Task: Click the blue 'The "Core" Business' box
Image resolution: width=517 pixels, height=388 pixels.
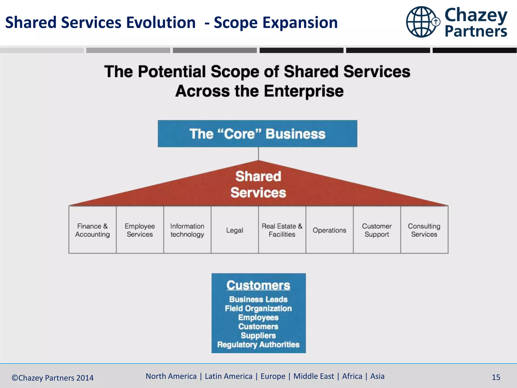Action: pos(257,134)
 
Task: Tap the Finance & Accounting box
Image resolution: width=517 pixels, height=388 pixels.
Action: pos(92,230)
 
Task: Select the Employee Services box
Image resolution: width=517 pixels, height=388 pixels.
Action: pos(140,230)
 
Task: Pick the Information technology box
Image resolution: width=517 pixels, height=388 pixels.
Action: pos(187,230)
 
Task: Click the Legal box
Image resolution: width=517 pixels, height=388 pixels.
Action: pos(235,230)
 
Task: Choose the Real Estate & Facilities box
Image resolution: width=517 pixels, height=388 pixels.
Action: pos(282,230)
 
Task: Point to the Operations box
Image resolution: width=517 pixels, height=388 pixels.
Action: pos(329,230)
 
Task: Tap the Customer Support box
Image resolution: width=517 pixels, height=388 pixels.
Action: pos(377,230)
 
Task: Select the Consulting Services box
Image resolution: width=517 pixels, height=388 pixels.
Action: pos(424,230)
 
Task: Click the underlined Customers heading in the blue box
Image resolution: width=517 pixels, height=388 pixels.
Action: pos(258,285)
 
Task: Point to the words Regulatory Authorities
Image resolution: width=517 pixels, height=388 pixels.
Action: pos(258,345)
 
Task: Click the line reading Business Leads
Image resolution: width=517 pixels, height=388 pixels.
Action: pos(258,299)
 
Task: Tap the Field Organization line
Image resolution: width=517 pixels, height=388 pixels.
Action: pos(258,308)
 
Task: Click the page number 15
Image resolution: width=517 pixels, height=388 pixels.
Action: pos(496,377)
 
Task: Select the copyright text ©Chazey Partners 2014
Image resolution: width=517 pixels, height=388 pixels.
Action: pos(53,378)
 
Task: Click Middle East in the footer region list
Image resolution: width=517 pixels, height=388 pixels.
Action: pos(314,376)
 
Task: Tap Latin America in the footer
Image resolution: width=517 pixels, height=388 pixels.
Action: pos(228,376)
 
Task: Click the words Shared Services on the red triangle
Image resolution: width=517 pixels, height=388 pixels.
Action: pos(258,184)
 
